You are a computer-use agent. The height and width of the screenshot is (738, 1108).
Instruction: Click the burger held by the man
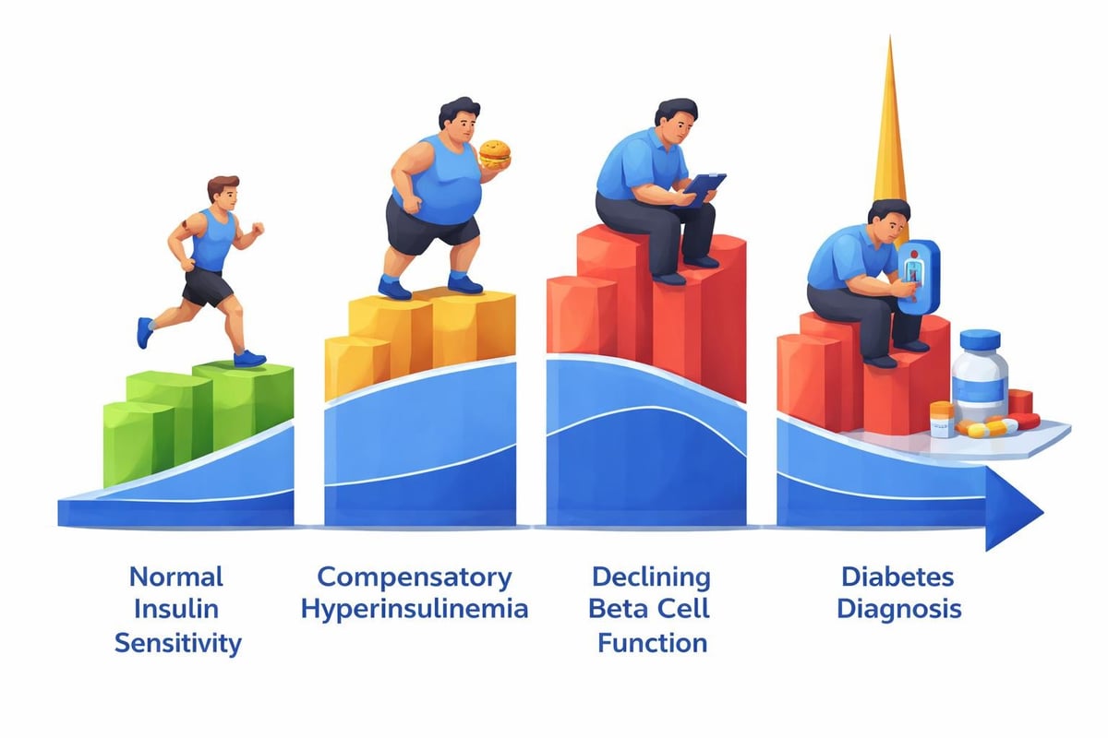(x=495, y=153)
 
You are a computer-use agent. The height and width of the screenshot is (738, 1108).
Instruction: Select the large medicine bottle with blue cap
(x=979, y=378)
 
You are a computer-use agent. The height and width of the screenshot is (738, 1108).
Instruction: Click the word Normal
(x=176, y=577)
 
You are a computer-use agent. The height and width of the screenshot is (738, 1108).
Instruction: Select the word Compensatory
(x=414, y=577)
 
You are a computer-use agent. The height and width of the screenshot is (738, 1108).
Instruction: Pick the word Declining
(x=652, y=577)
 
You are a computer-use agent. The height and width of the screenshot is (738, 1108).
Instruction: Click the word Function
(x=652, y=642)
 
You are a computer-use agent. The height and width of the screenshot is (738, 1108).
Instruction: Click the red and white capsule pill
(x=1005, y=423)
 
